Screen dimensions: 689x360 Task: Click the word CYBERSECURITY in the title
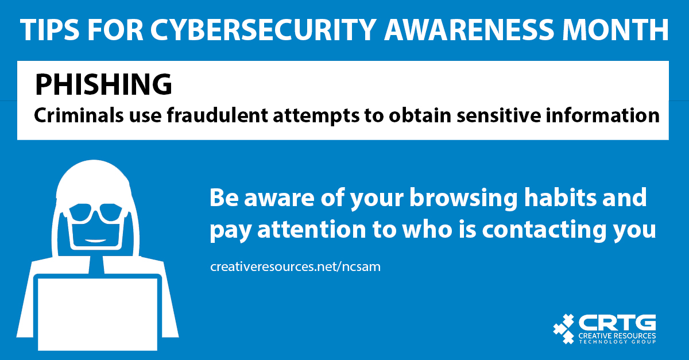(x=264, y=29)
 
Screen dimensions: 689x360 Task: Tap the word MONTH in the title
(x=616, y=29)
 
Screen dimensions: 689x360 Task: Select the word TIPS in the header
(x=50, y=29)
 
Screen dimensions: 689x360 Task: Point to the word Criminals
(x=79, y=115)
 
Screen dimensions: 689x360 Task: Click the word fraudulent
(x=218, y=115)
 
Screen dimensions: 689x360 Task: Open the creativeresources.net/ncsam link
(x=295, y=267)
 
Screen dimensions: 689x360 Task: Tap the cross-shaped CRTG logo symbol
(x=563, y=328)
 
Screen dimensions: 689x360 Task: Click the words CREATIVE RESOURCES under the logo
(x=617, y=336)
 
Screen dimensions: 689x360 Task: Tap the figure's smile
(x=95, y=241)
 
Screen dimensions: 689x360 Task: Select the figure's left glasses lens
(x=80, y=213)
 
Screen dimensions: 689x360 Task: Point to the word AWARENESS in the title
(x=470, y=29)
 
